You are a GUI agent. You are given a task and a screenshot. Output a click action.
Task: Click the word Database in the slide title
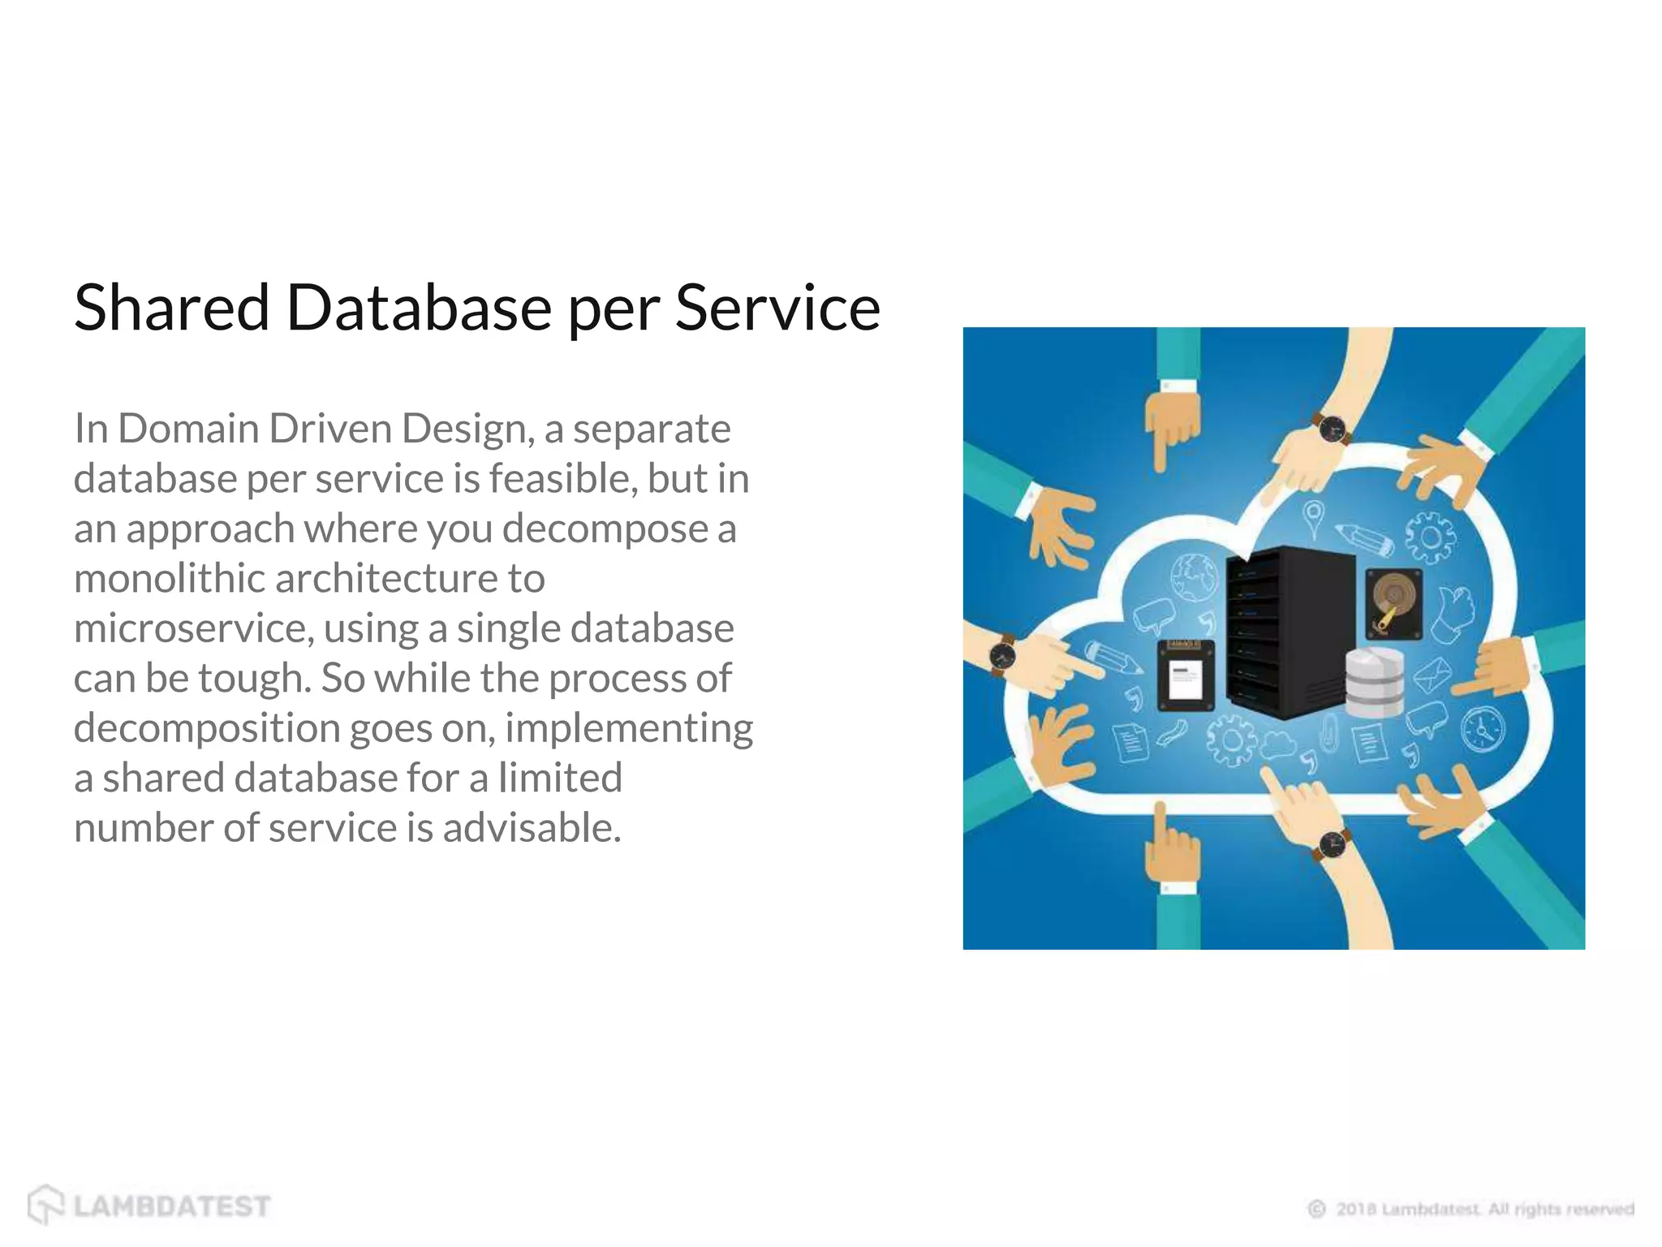419,308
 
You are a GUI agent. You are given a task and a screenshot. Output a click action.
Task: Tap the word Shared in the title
171,308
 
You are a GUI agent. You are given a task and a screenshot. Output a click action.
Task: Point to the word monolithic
170,578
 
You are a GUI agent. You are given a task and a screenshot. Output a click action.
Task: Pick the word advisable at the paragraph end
532,828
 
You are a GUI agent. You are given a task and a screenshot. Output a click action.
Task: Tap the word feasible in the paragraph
558,478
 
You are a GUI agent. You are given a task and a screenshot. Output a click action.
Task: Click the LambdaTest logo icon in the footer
45,1204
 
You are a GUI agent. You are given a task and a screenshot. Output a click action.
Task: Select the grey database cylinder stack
1375,682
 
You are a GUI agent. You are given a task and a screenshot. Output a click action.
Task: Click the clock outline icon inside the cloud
1483,728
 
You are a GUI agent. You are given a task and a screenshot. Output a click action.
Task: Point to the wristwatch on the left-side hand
1004,654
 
